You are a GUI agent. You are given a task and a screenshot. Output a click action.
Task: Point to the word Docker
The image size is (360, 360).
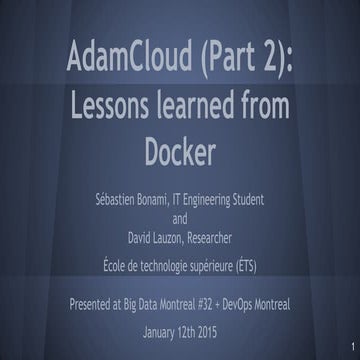181,152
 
